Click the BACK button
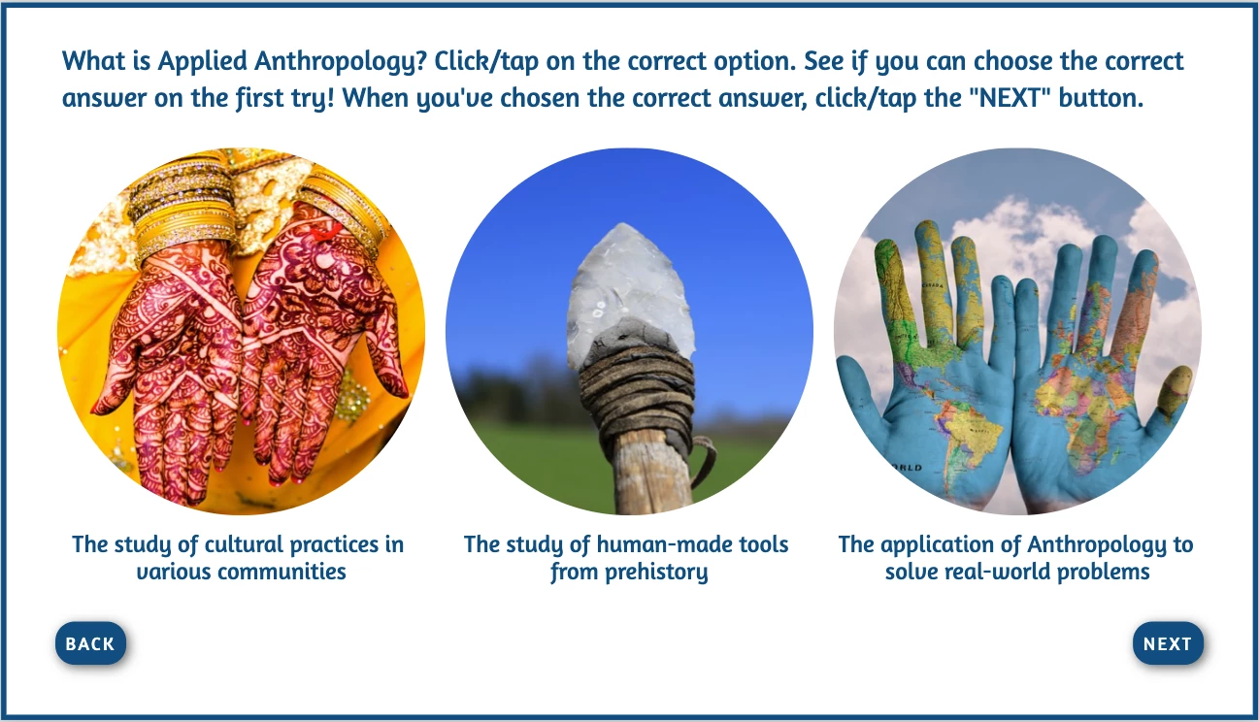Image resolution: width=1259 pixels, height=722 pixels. pos(90,642)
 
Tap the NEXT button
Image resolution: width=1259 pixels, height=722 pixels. pos(1168,642)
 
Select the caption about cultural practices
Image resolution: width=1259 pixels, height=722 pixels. pos(239,558)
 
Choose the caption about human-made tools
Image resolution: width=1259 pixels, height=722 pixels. pos(626,558)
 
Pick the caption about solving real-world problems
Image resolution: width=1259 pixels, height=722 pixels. pos(1015,558)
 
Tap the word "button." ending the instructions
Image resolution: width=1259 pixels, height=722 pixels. pos(1101,98)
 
